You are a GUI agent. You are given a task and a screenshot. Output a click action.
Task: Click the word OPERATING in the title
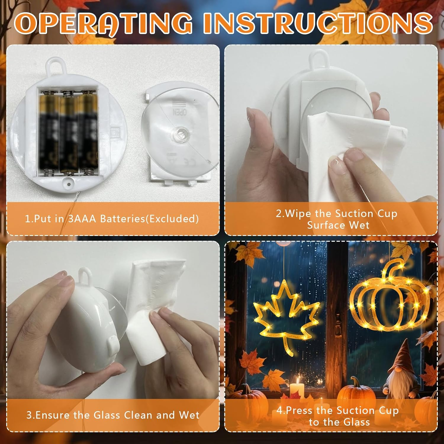(x=104, y=23)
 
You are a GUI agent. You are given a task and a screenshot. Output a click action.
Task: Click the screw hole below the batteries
(x=69, y=184)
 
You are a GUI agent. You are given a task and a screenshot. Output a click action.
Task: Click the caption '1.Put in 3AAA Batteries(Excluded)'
(x=112, y=219)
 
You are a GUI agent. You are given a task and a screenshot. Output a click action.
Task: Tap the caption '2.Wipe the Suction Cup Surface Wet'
(x=337, y=219)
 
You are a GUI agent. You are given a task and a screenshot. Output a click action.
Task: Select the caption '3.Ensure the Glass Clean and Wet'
(x=113, y=415)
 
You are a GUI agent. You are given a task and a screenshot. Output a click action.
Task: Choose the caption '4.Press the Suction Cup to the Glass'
(x=338, y=416)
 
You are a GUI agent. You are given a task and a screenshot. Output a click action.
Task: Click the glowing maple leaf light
(x=286, y=317)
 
